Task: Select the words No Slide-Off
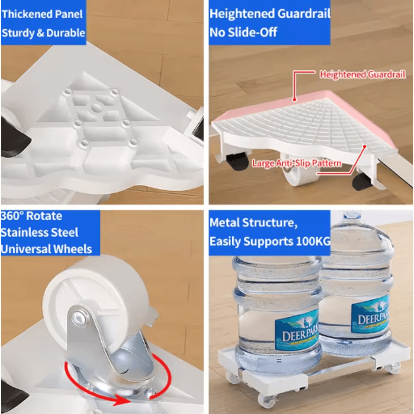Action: click(x=243, y=32)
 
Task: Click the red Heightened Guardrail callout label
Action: click(x=363, y=75)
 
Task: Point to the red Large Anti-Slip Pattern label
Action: click(x=297, y=164)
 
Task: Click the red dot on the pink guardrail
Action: click(x=294, y=99)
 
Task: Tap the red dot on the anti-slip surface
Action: click(x=365, y=146)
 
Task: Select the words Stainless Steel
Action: click(x=39, y=233)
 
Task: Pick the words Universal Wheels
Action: click(x=46, y=249)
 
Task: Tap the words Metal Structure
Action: click(x=253, y=223)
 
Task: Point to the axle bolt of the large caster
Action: click(x=77, y=317)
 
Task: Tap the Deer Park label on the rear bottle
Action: click(x=370, y=315)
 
